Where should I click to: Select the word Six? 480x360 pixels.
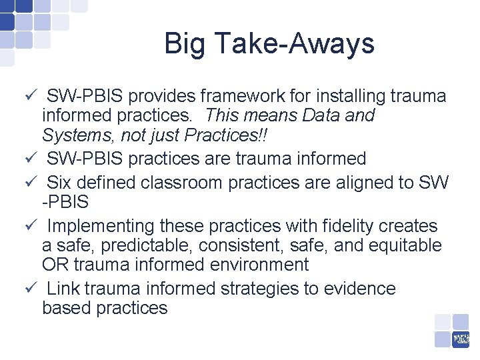click(x=59, y=182)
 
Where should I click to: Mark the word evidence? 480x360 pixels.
click(x=358, y=289)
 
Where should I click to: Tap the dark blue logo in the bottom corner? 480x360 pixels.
click(x=461, y=339)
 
